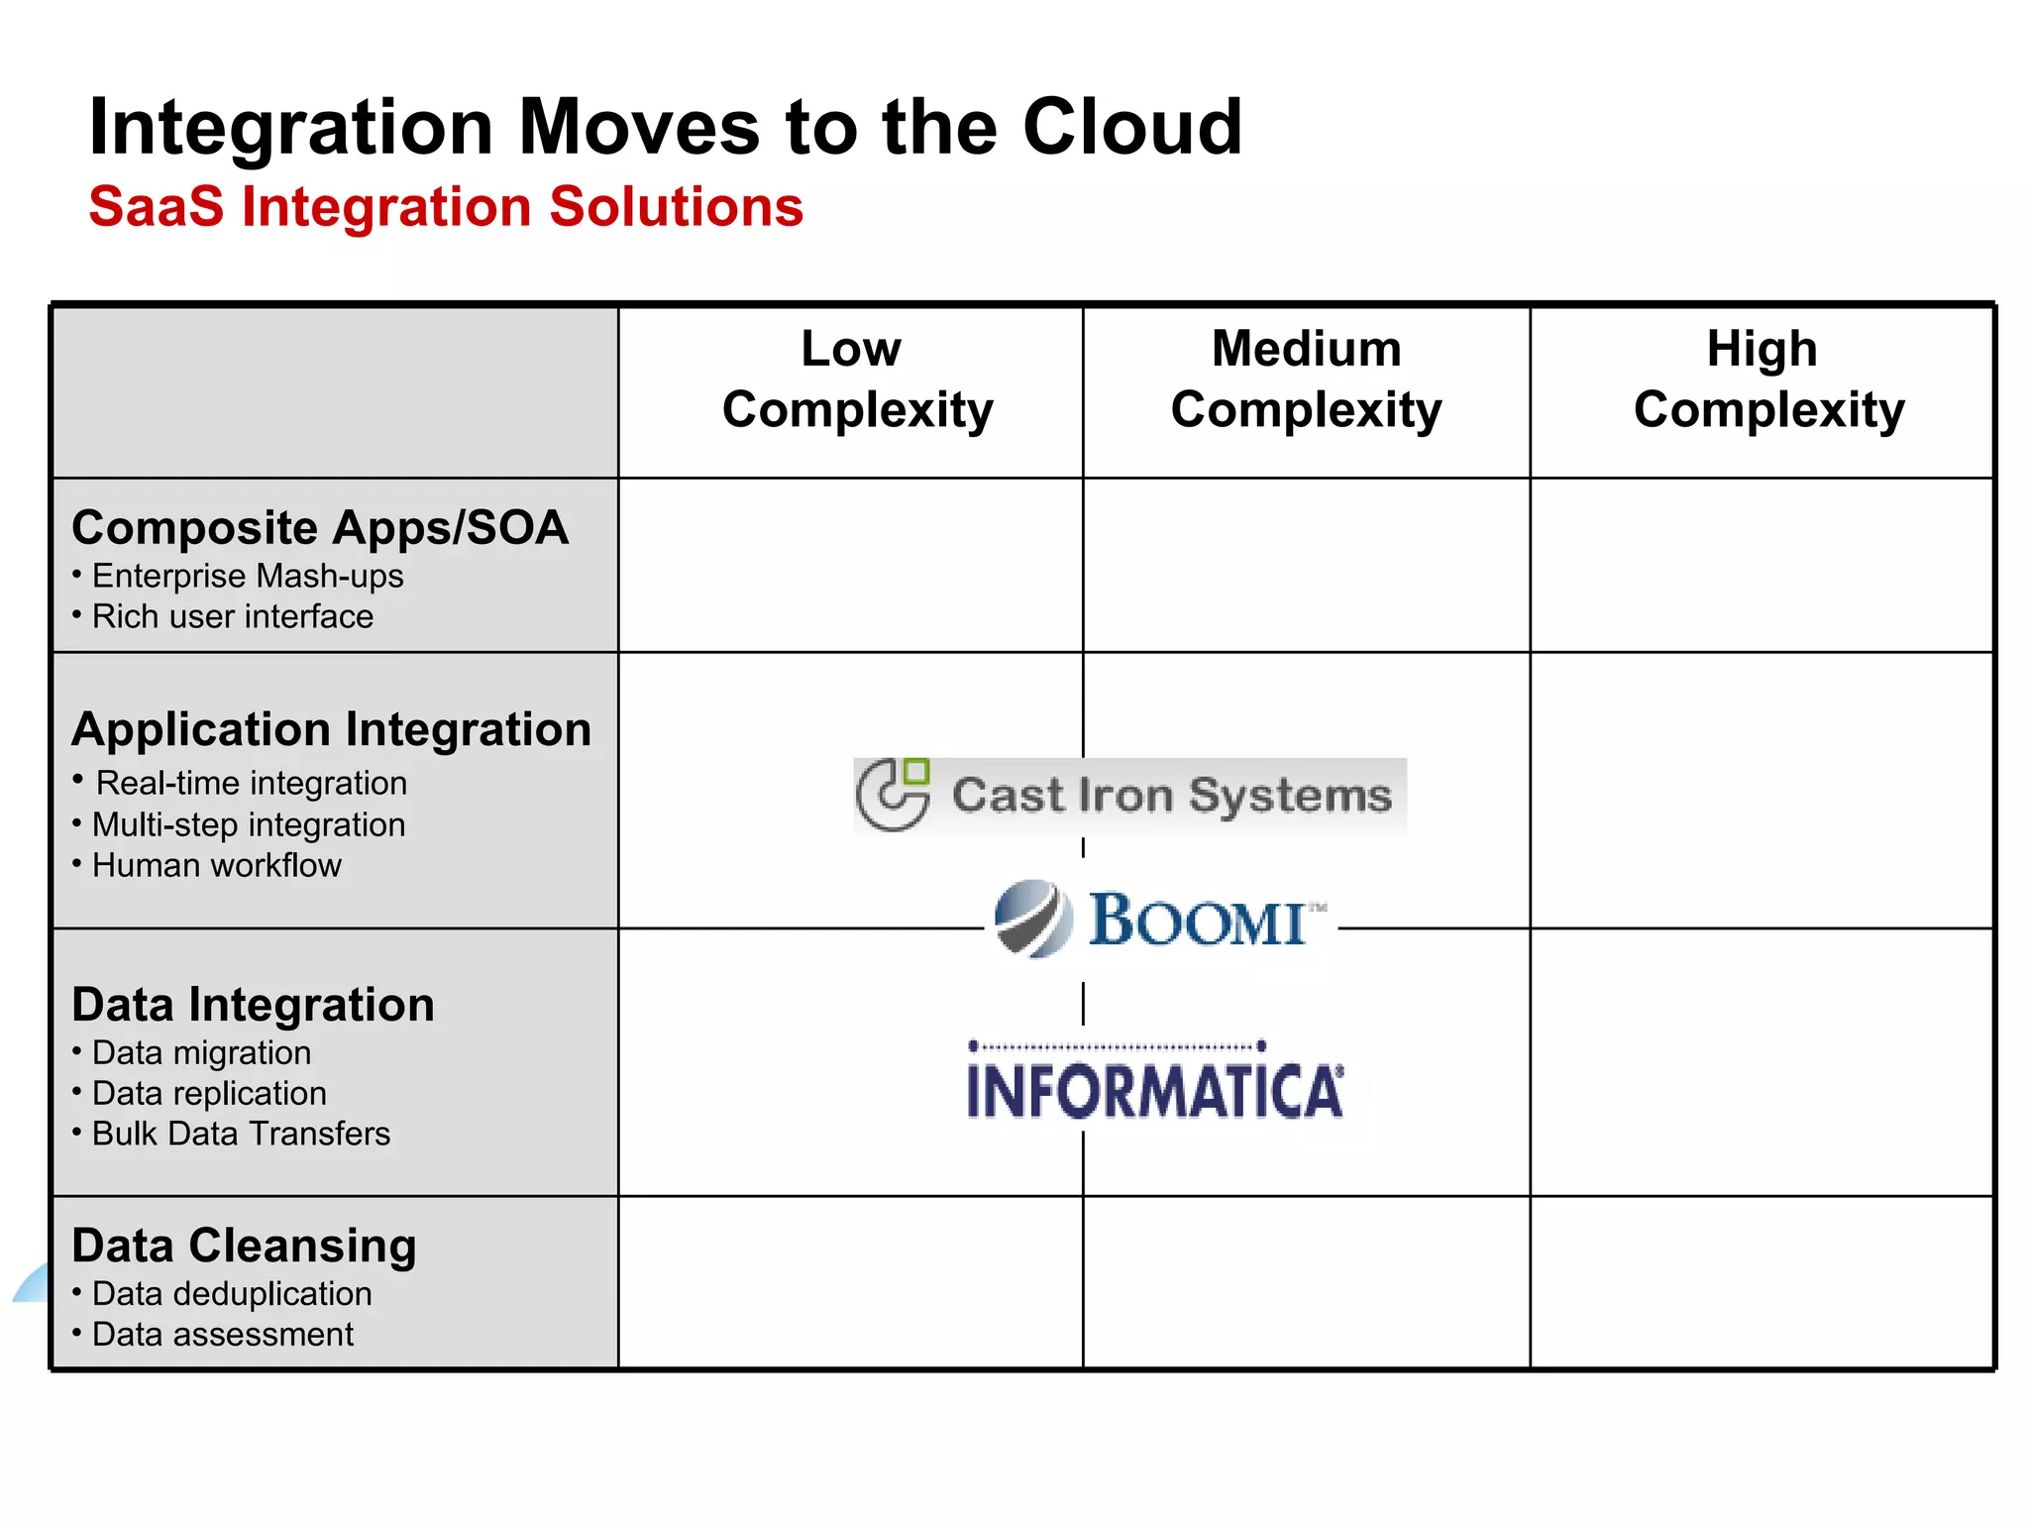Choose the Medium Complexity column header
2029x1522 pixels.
tap(1306, 380)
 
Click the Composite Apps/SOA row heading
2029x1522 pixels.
tap(320, 527)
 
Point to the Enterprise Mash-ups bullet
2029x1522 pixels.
tap(247, 576)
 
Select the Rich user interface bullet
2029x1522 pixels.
tap(232, 616)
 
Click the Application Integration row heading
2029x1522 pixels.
tap(331, 729)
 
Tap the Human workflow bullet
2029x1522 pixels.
tap(216, 865)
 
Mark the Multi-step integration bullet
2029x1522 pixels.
tap(248, 824)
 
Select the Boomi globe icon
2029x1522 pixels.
tap(1033, 919)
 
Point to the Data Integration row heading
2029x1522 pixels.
tap(253, 1005)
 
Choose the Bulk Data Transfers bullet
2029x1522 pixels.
tap(241, 1134)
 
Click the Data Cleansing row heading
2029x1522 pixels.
tap(244, 1246)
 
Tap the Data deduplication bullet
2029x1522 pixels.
tap(232, 1293)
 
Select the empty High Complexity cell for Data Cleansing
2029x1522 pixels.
tap(1762, 1283)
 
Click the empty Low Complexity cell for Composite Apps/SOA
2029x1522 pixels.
tap(850, 565)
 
